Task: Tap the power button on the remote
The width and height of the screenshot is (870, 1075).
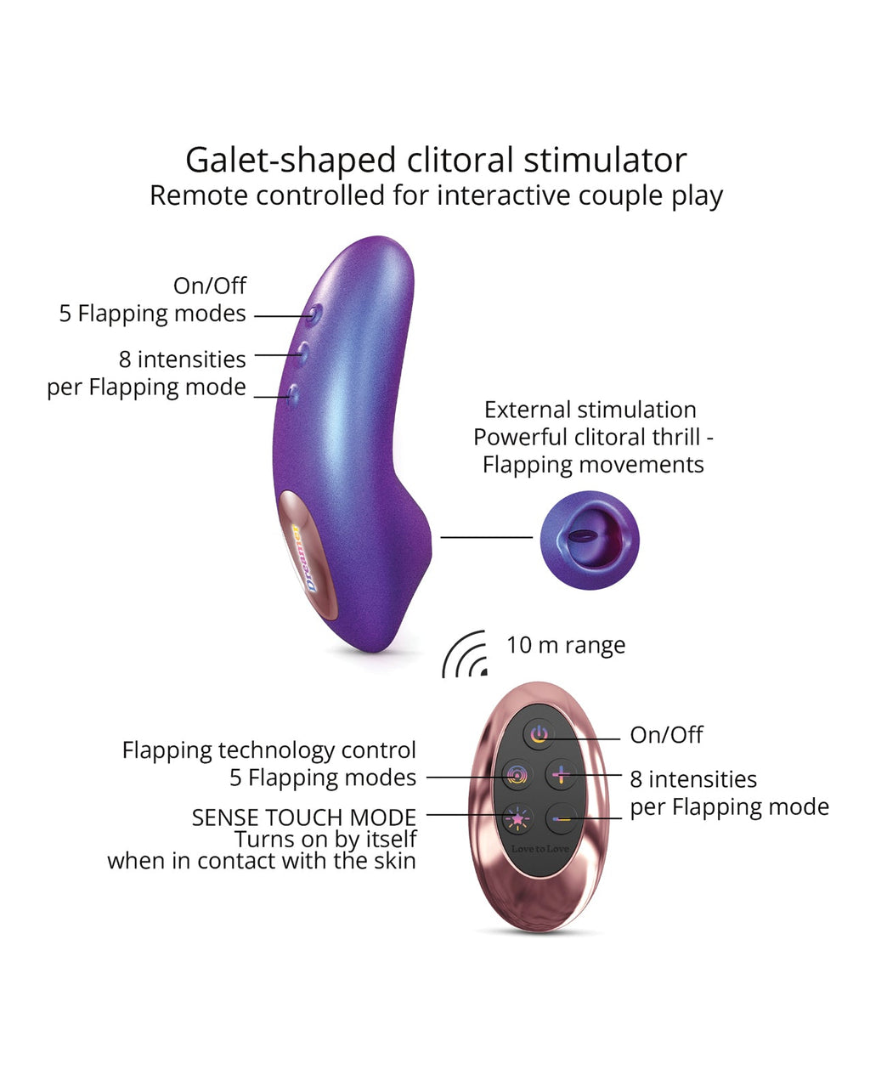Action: tap(539, 734)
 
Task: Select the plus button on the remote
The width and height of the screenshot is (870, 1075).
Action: tap(561, 774)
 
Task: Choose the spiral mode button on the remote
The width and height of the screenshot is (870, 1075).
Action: tap(517, 774)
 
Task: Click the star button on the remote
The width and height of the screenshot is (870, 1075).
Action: tap(517, 818)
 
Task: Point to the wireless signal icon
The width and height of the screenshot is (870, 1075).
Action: tap(466, 655)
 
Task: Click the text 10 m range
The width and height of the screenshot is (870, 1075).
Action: tap(566, 645)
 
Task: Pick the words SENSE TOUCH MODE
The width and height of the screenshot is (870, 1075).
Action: tap(303, 818)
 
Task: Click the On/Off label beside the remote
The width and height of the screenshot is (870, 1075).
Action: tap(666, 735)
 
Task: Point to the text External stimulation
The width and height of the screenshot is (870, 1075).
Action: tap(590, 410)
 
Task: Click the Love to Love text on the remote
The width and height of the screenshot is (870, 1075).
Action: tap(540, 849)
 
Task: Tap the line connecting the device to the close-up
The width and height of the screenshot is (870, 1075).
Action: tap(486, 537)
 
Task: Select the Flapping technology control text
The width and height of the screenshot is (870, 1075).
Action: tap(268, 750)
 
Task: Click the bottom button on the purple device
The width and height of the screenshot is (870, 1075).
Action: tap(294, 392)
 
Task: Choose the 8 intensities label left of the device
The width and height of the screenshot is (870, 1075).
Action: tap(182, 359)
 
